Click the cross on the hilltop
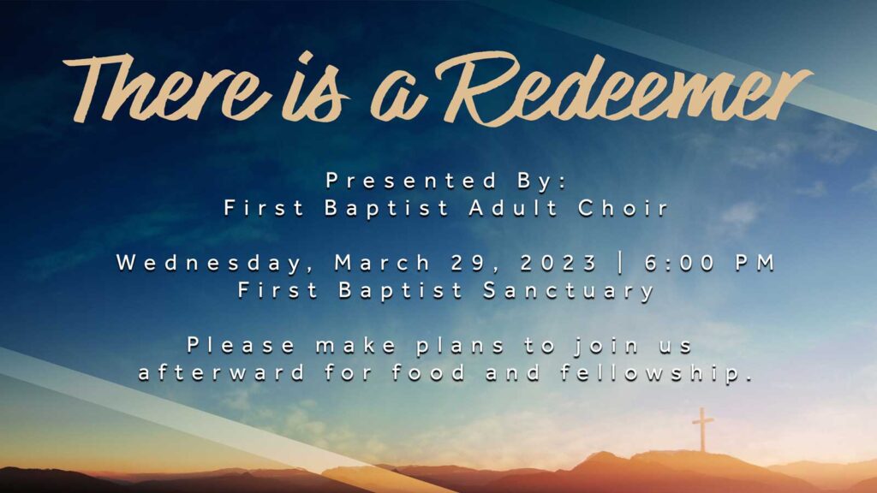(x=702, y=430)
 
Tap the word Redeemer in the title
(x=622, y=89)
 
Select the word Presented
(x=412, y=181)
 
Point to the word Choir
(x=623, y=208)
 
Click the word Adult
(x=514, y=208)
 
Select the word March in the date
(x=383, y=263)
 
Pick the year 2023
(x=558, y=263)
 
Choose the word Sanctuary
(x=569, y=291)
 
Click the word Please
(x=241, y=345)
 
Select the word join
(x=606, y=346)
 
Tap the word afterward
(x=222, y=372)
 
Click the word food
(x=428, y=372)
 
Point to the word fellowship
(x=657, y=373)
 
